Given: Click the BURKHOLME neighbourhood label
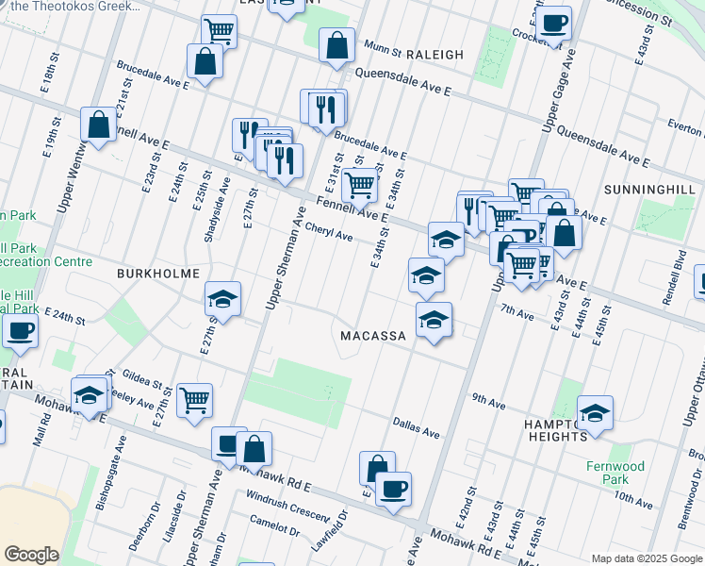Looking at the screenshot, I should click(x=158, y=273).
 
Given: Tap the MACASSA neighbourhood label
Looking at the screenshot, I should click(x=373, y=336).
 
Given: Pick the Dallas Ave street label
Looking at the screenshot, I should click(x=417, y=431).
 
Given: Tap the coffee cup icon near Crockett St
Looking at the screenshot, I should click(x=555, y=21).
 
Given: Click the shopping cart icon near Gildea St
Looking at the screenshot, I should click(x=194, y=399).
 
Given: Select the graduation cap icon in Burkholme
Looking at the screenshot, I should click(x=222, y=299).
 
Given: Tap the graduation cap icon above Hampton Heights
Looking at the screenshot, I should click(x=595, y=412).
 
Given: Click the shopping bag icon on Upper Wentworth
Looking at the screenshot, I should click(x=98, y=123).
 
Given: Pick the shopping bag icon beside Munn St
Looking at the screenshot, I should click(x=336, y=43).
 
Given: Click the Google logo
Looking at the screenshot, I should click(x=32, y=555).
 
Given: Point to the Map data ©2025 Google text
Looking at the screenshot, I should click(x=646, y=558).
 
